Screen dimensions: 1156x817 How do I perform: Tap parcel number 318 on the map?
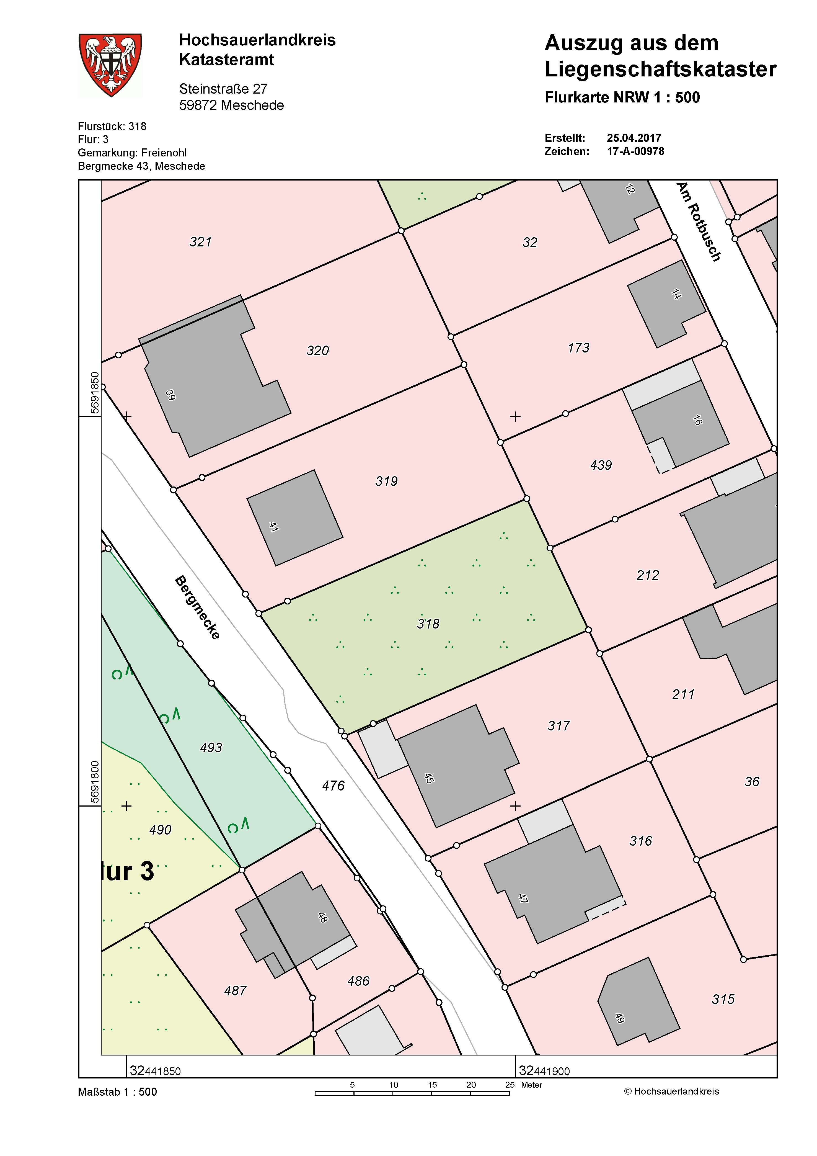click(428, 624)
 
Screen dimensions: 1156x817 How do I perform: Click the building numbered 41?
click(294, 518)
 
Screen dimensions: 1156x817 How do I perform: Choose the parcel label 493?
click(211, 747)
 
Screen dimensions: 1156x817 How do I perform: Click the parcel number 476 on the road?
click(333, 786)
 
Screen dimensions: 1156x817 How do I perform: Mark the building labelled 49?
click(637, 1002)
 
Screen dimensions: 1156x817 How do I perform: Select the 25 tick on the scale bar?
click(510, 1085)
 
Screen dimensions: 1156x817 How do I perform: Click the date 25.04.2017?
click(634, 138)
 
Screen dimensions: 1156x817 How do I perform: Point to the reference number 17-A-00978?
click(635, 151)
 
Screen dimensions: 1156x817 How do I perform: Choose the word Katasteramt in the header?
click(226, 60)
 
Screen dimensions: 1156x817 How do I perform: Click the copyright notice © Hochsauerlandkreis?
click(671, 1091)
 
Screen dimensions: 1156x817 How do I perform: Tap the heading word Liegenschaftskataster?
click(660, 69)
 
